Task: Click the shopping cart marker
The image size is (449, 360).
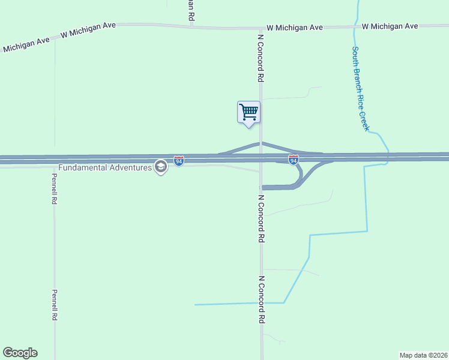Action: [x=249, y=112]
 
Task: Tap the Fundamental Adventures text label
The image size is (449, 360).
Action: [x=105, y=167]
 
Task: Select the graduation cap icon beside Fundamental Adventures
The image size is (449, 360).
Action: [x=160, y=166]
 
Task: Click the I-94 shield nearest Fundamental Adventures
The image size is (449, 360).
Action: [x=179, y=160]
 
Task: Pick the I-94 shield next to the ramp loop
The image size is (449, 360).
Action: [x=293, y=160]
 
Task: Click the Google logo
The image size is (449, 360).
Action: [x=20, y=353]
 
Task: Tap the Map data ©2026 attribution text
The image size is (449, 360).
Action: [x=424, y=355]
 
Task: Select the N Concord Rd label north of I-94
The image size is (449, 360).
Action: [x=261, y=58]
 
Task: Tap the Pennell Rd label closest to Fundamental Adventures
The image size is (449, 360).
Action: [x=54, y=189]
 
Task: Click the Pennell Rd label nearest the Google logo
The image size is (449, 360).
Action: [x=54, y=305]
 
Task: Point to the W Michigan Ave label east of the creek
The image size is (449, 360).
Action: [x=390, y=26]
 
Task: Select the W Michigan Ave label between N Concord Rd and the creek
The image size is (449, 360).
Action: [x=295, y=28]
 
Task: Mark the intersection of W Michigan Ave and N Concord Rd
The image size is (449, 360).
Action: [x=261, y=28]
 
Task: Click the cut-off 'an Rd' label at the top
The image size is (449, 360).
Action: [x=190, y=10]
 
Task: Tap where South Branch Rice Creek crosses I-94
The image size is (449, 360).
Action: [x=387, y=158]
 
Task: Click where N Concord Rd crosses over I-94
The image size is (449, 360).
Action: [x=261, y=158]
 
